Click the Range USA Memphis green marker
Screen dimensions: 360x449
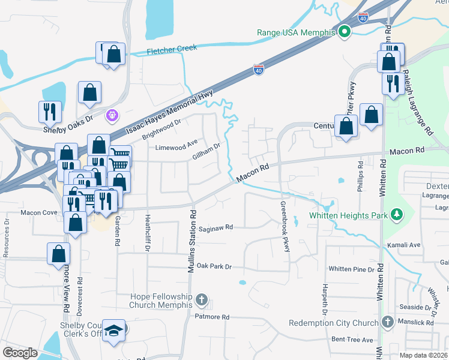[345, 32]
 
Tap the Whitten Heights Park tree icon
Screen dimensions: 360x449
[396, 214]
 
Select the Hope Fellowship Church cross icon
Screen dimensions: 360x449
[202, 299]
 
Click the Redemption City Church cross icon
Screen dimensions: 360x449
[387, 322]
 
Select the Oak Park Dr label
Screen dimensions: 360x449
[214, 265]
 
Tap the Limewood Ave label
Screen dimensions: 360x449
[176, 147]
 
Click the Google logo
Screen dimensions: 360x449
[20, 352]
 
